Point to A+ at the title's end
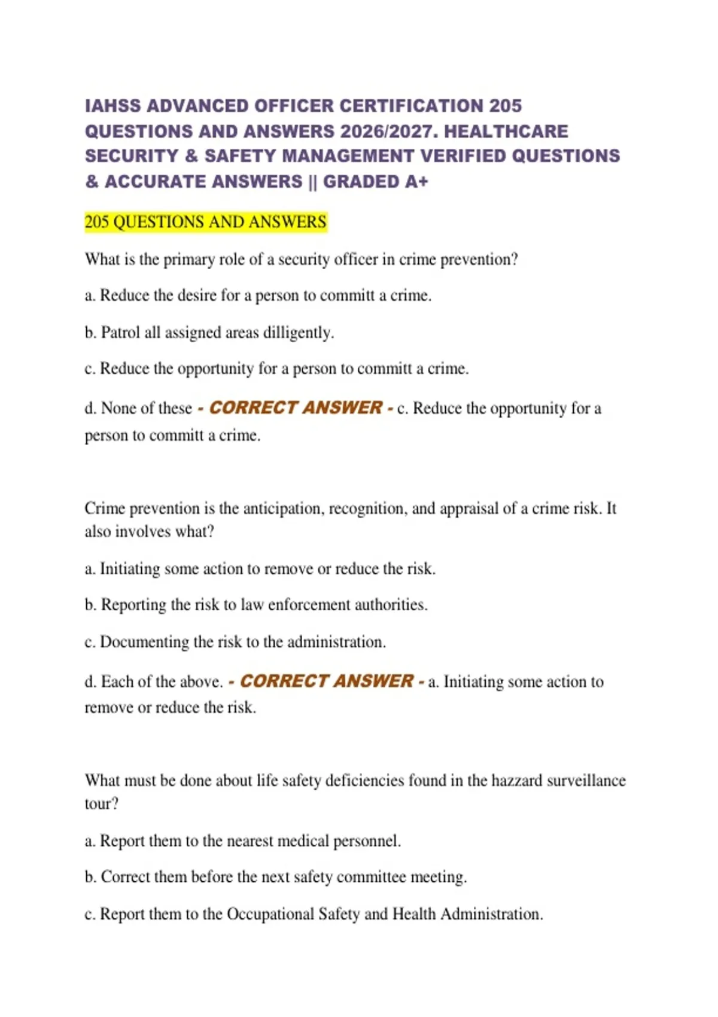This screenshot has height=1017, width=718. tap(416, 181)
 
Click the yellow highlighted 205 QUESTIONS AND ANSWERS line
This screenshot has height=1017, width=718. tap(205, 222)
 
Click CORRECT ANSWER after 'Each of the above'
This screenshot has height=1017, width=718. tap(326, 681)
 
